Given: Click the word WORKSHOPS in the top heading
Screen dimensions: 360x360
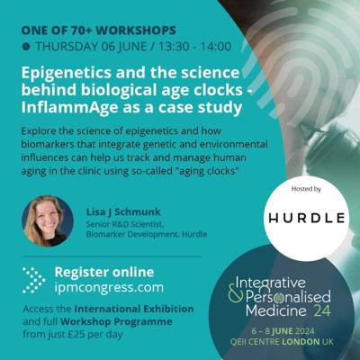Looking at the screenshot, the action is point(136,31).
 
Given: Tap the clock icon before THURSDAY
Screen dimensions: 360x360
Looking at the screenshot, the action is point(26,47).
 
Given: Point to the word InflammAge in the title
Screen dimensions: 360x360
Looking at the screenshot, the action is point(69,107).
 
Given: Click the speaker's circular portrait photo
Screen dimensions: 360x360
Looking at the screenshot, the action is point(48,220).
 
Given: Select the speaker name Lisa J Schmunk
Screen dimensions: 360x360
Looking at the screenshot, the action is point(123,212).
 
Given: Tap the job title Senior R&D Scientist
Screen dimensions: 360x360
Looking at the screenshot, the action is point(125,224).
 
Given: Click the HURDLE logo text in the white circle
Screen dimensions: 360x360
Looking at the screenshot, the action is point(307,218).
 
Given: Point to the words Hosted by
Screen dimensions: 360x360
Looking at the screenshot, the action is point(306,189).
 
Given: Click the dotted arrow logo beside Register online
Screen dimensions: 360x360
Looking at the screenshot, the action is point(34,280).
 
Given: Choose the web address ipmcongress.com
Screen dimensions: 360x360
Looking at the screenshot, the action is point(109,287).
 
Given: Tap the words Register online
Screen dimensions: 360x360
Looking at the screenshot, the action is point(104,273).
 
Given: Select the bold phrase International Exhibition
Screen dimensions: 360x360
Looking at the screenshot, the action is point(134,309).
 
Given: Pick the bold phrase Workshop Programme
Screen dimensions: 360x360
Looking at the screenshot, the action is point(116,321).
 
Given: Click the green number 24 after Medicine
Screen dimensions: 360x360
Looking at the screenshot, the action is point(322,311).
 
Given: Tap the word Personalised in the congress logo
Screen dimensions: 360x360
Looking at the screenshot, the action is point(288,297).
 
